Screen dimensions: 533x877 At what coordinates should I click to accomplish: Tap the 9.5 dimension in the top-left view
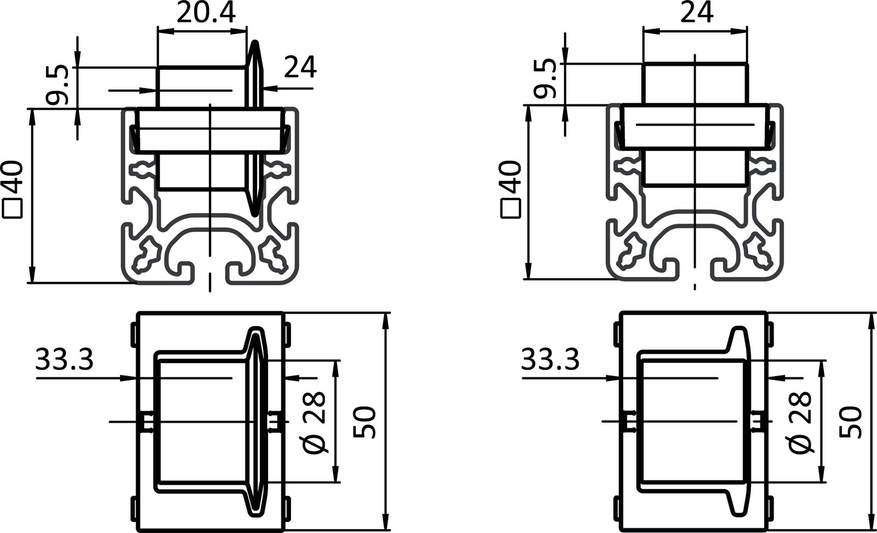pyautogui.click(x=57, y=85)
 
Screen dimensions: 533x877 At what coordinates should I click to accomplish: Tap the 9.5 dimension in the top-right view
pyautogui.click(x=546, y=80)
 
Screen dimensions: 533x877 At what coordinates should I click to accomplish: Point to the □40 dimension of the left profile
pyautogui.click(x=13, y=189)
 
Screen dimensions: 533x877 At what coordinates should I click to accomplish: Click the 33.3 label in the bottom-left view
pyautogui.click(x=65, y=360)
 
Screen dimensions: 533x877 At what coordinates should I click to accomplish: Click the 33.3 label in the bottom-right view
pyautogui.click(x=550, y=360)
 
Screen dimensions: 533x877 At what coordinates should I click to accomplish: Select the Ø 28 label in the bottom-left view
pyautogui.click(x=316, y=422)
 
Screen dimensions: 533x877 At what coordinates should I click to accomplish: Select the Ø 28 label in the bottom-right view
pyautogui.click(x=801, y=422)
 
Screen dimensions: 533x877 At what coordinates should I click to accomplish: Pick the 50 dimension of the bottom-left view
pyautogui.click(x=366, y=422)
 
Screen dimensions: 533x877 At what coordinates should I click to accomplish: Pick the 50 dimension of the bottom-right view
pyautogui.click(x=851, y=422)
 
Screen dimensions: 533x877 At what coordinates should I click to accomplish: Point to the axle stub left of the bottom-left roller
pyautogui.click(x=147, y=422)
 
